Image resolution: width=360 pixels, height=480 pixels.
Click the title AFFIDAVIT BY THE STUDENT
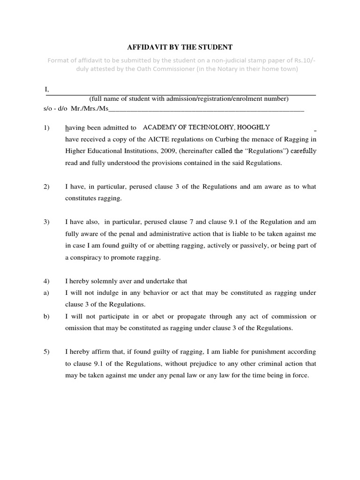point(180,47)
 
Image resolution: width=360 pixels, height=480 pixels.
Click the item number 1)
point(46,127)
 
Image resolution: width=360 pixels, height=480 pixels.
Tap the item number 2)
point(46,187)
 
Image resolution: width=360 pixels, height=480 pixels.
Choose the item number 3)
point(46,222)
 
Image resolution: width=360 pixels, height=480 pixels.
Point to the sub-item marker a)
point(46,292)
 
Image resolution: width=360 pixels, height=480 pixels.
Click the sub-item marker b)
point(46,316)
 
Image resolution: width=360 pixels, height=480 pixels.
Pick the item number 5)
point(46,352)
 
